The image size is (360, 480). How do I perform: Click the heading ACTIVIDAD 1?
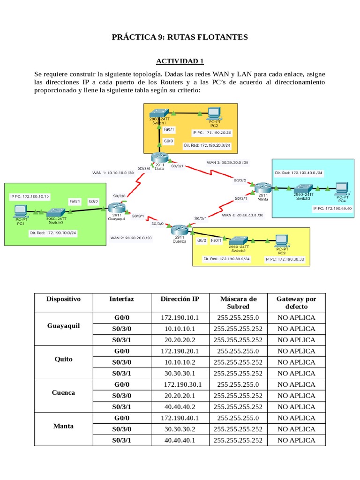(x=180, y=61)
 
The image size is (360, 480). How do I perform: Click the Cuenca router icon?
(x=179, y=230)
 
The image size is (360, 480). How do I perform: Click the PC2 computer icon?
(x=214, y=113)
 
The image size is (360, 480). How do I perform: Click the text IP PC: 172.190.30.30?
(x=285, y=258)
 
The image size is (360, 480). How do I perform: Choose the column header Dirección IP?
(x=180, y=299)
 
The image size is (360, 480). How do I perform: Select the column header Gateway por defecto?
(x=296, y=302)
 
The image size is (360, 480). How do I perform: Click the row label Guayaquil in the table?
(x=64, y=325)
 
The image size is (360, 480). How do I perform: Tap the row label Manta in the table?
(x=64, y=426)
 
